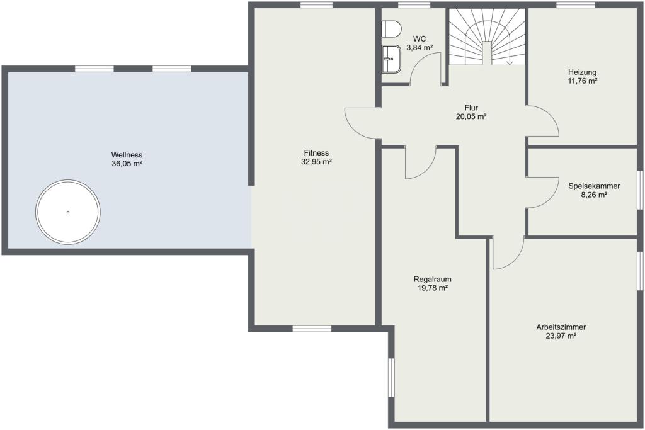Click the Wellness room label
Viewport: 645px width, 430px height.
(127, 155)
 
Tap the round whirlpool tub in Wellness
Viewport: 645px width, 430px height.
(68, 212)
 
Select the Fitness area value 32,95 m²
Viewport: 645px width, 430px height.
(316, 162)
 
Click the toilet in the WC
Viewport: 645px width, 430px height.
(391, 29)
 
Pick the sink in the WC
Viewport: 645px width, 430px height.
(391, 59)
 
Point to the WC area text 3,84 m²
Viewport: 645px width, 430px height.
(420, 48)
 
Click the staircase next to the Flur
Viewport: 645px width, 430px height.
(487, 37)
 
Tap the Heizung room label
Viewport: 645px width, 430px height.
(583, 72)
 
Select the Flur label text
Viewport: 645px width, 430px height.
(471, 108)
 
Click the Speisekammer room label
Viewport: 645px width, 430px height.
(594, 186)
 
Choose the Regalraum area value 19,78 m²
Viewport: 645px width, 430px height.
(432, 288)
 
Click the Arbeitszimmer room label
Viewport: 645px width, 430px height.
(561, 327)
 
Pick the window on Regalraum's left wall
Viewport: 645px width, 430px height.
(391, 377)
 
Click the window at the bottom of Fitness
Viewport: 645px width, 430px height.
(312, 329)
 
